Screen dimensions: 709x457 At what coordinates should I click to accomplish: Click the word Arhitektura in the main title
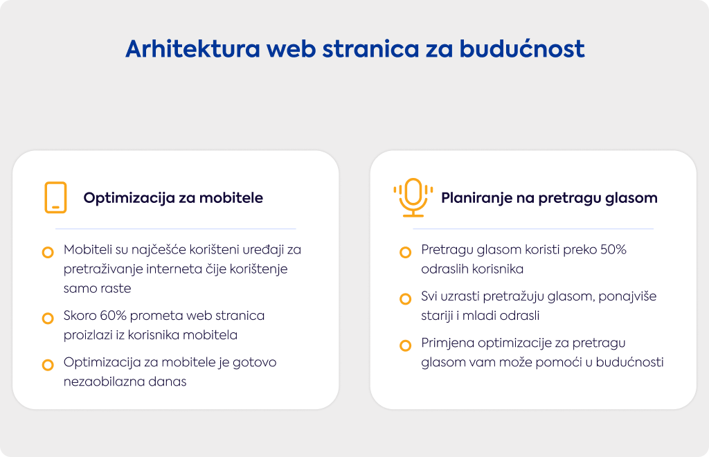click(193, 49)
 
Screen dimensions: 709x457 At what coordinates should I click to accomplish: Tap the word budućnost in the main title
click(522, 49)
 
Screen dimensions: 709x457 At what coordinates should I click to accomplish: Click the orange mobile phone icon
click(55, 197)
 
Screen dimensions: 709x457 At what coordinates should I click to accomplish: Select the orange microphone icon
click(413, 197)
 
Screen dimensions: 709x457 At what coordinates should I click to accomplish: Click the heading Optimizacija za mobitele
click(173, 198)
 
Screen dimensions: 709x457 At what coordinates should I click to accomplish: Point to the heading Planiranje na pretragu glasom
click(549, 198)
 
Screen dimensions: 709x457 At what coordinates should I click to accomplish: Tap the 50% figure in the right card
click(613, 249)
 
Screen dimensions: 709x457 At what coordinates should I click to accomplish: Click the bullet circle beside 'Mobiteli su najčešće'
click(48, 252)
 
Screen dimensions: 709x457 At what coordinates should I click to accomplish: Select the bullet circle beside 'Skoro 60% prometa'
click(48, 319)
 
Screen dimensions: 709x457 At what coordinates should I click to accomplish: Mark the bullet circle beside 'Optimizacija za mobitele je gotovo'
click(48, 365)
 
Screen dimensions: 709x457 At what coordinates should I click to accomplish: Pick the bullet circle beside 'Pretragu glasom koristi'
click(406, 252)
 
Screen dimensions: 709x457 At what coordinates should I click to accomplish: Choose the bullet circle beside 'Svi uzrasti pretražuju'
click(406, 299)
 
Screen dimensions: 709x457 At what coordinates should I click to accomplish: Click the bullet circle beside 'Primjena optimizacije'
click(406, 346)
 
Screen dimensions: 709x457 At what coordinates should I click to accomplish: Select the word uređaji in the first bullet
click(263, 250)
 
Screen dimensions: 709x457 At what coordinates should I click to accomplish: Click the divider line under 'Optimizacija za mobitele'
click(175, 228)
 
